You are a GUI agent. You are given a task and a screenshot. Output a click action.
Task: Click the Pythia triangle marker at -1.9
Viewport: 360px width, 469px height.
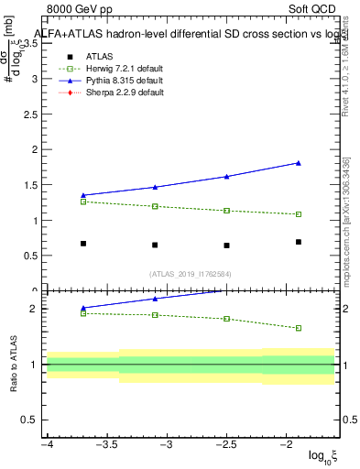coord(299,163)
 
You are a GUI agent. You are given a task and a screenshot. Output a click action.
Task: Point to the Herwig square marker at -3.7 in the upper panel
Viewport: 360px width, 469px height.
coord(83,202)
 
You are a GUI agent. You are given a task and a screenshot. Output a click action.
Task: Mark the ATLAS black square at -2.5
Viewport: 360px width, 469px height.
coord(226,245)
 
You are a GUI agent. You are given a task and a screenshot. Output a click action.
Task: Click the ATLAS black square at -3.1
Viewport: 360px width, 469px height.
coord(155,245)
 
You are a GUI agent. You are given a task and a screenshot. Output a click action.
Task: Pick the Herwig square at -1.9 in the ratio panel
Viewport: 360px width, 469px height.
coord(299,328)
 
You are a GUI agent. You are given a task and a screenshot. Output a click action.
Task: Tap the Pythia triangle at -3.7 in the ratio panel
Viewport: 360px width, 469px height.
coord(83,308)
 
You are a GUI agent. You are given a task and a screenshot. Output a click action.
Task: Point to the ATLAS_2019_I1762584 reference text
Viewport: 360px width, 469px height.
coord(191,273)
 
